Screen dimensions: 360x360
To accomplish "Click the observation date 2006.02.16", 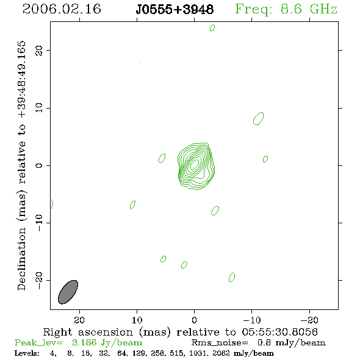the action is click(x=62, y=9).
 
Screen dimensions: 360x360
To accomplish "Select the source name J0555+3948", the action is click(x=175, y=9).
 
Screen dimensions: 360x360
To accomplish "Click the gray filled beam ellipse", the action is click(x=68, y=292).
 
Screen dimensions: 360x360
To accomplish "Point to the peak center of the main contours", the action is click(x=195, y=164).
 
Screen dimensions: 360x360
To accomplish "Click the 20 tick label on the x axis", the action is click(x=79, y=320).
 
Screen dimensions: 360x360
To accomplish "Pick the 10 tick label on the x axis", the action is click(x=137, y=320).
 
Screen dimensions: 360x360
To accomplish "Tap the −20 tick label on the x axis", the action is click(x=309, y=320).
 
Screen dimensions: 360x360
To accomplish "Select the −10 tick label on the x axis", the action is click(x=252, y=320).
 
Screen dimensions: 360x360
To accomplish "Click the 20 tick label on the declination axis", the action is click(x=39, y=50).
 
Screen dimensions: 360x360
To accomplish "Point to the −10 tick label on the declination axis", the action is click(x=39, y=223).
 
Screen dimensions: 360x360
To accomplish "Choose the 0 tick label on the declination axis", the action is click(x=39, y=165).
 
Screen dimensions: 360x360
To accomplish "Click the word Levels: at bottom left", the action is click(x=27, y=353).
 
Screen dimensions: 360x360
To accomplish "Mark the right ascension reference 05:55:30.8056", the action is click(x=280, y=332).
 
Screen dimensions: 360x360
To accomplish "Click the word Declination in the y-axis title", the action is click(x=21, y=259).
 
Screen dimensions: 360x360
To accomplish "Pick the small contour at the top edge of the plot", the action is click(x=212, y=27).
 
